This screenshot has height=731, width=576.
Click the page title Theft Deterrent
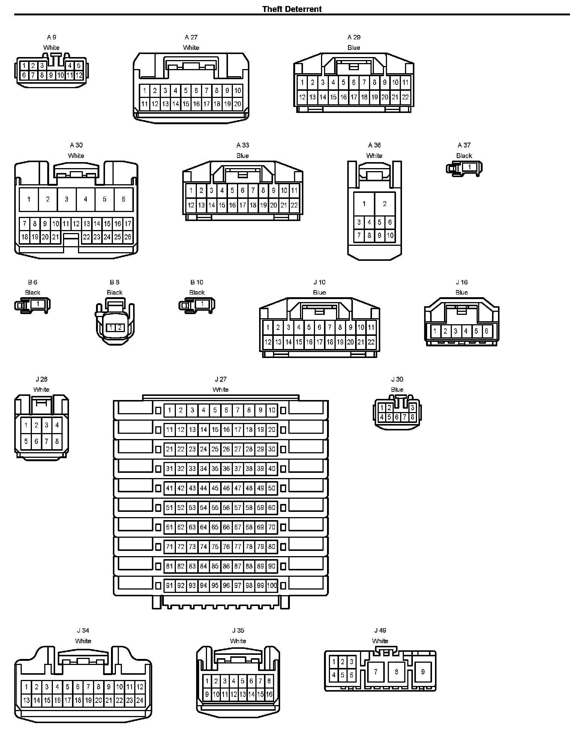(x=292, y=9)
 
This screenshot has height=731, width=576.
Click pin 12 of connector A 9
(x=79, y=75)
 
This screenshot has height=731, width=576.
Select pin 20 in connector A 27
(x=237, y=104)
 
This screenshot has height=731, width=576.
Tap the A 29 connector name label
(x=354, y=37)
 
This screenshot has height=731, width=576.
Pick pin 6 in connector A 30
(x=123, y=199)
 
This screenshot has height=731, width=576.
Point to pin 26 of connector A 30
(x=128, y=237)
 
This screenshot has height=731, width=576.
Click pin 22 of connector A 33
(x=294, y=205)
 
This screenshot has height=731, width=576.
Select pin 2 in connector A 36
(x=385, y=204)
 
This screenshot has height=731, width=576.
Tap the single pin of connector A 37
(x=469, y=167)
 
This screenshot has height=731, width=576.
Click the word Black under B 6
(x=33, y=292)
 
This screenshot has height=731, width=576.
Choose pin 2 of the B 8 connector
(x=120, y=328)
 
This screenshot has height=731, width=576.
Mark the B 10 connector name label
(x=197, y=282)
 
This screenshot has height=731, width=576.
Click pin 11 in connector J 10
(x=371, y=327)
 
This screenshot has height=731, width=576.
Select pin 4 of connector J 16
(x=466, y=331)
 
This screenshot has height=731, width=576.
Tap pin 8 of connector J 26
(x=57, y=441)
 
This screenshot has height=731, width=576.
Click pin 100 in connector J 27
(x=272, y=585)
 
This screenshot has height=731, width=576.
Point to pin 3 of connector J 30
(x=412, y=408)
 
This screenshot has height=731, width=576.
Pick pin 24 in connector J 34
(x=140, y=700)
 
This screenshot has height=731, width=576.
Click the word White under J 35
(x=238, y=641)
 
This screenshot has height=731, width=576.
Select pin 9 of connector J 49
(x=423, y=672)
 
